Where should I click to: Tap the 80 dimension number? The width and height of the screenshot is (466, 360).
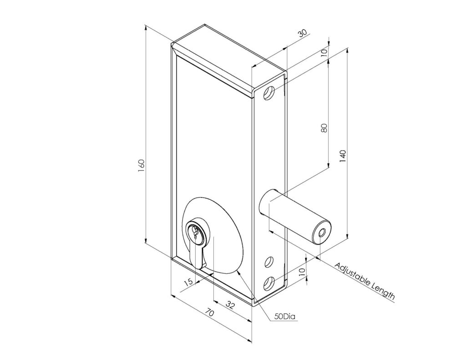coord(324,128)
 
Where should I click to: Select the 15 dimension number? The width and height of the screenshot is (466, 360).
coord(187,283)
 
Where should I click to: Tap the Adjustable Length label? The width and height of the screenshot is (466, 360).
coord(365,281)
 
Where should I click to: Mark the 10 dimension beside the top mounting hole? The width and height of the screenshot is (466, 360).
coord(324,52)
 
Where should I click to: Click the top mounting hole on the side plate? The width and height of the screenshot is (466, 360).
coord(269,94)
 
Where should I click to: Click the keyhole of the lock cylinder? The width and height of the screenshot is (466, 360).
coord(195,234)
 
